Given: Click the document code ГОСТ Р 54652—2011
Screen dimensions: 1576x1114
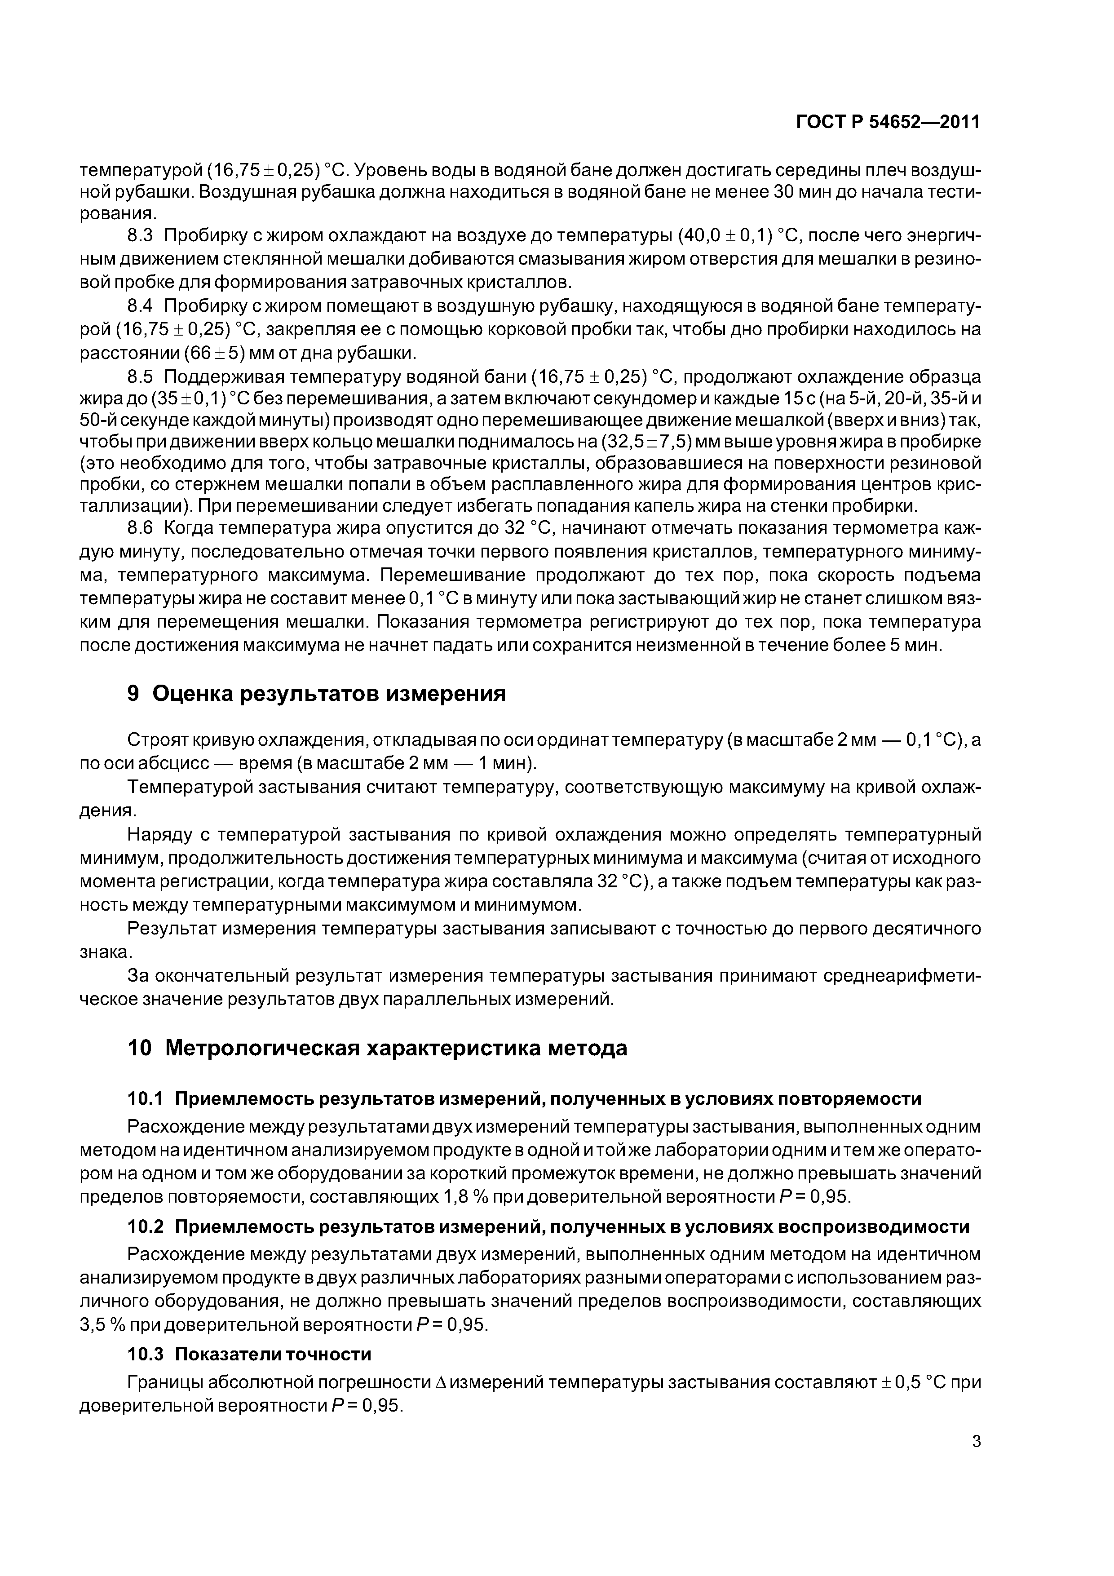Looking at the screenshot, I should pyautogui.click(x=888, y=122).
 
